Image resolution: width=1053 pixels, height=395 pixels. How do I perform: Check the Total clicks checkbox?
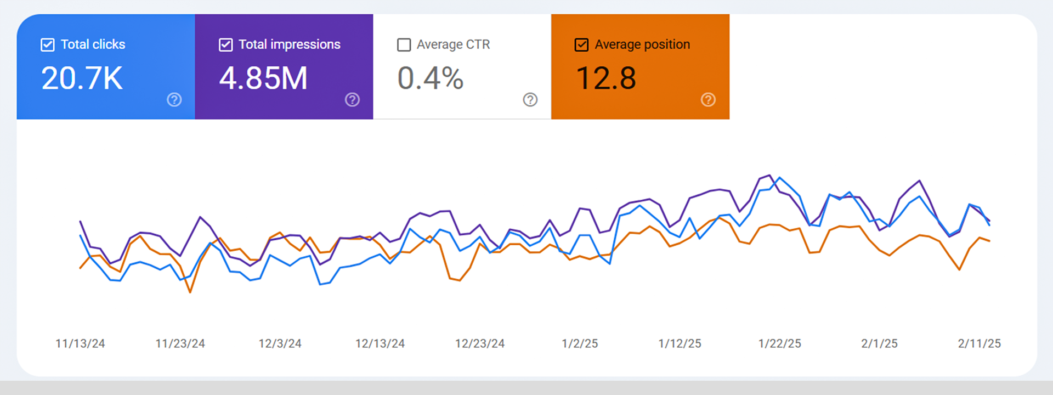tap(48, 45)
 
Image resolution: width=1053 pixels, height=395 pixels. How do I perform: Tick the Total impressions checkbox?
tap(225, 45)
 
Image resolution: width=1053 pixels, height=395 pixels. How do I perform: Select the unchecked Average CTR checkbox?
tap(404, 45)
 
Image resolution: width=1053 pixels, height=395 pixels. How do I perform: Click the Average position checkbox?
tap(581, 45)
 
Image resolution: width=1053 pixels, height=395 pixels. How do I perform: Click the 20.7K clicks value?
tap(82, 78)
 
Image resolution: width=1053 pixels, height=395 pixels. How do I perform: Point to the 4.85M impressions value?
tap(263, 78)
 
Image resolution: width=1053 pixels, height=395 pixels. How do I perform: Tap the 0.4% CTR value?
tap(431, 78)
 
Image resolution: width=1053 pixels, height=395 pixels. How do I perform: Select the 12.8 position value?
tap(606, 78)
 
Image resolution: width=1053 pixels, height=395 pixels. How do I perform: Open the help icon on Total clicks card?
tap(174, 100)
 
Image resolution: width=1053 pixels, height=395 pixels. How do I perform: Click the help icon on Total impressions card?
tap(352, 100)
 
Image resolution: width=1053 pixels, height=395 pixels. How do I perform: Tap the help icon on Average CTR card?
tap(530, 100)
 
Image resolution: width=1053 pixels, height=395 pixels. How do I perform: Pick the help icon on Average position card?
tap(708, 100)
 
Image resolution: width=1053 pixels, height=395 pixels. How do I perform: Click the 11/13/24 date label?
tap(80, 344)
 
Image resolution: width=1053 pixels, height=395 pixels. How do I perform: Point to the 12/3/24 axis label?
tap(280, 344)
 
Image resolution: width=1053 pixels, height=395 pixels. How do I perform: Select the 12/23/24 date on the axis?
tap(480, 344)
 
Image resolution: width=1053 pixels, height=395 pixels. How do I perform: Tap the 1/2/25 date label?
tap(580, 344)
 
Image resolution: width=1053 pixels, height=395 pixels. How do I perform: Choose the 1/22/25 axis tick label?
tap(780, 344)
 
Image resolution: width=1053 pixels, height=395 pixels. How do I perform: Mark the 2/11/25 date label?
tap(980, 344)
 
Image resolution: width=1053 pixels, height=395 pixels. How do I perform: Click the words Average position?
tap(642, 44)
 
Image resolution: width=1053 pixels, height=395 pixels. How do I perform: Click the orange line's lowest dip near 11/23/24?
tap(190, 292)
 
